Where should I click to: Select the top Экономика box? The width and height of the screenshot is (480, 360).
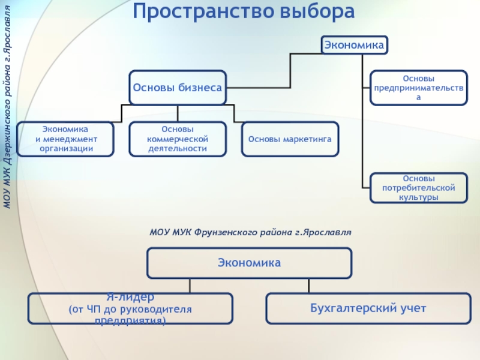click(x=354, y=44)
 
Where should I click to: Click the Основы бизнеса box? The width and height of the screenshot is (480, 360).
click(x=178, y=88)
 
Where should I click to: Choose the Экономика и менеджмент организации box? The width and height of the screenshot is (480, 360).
click(x=65, y=139)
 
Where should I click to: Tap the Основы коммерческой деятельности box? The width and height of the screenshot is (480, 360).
click(x=178, y=139)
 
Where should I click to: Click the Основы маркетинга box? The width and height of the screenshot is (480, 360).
click(x=290, y=139)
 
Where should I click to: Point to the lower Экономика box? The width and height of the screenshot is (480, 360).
click(x=249, y=263)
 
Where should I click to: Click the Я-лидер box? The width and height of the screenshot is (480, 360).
click(x=130, y=308)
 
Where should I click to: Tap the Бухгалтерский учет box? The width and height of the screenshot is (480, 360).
click(x=368, y=308)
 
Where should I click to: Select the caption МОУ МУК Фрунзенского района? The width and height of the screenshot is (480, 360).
click(x=250, y=231)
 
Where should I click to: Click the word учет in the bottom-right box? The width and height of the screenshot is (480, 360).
click(x=412, y=308)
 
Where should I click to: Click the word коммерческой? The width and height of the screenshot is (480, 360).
click(x=178, y=139)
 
